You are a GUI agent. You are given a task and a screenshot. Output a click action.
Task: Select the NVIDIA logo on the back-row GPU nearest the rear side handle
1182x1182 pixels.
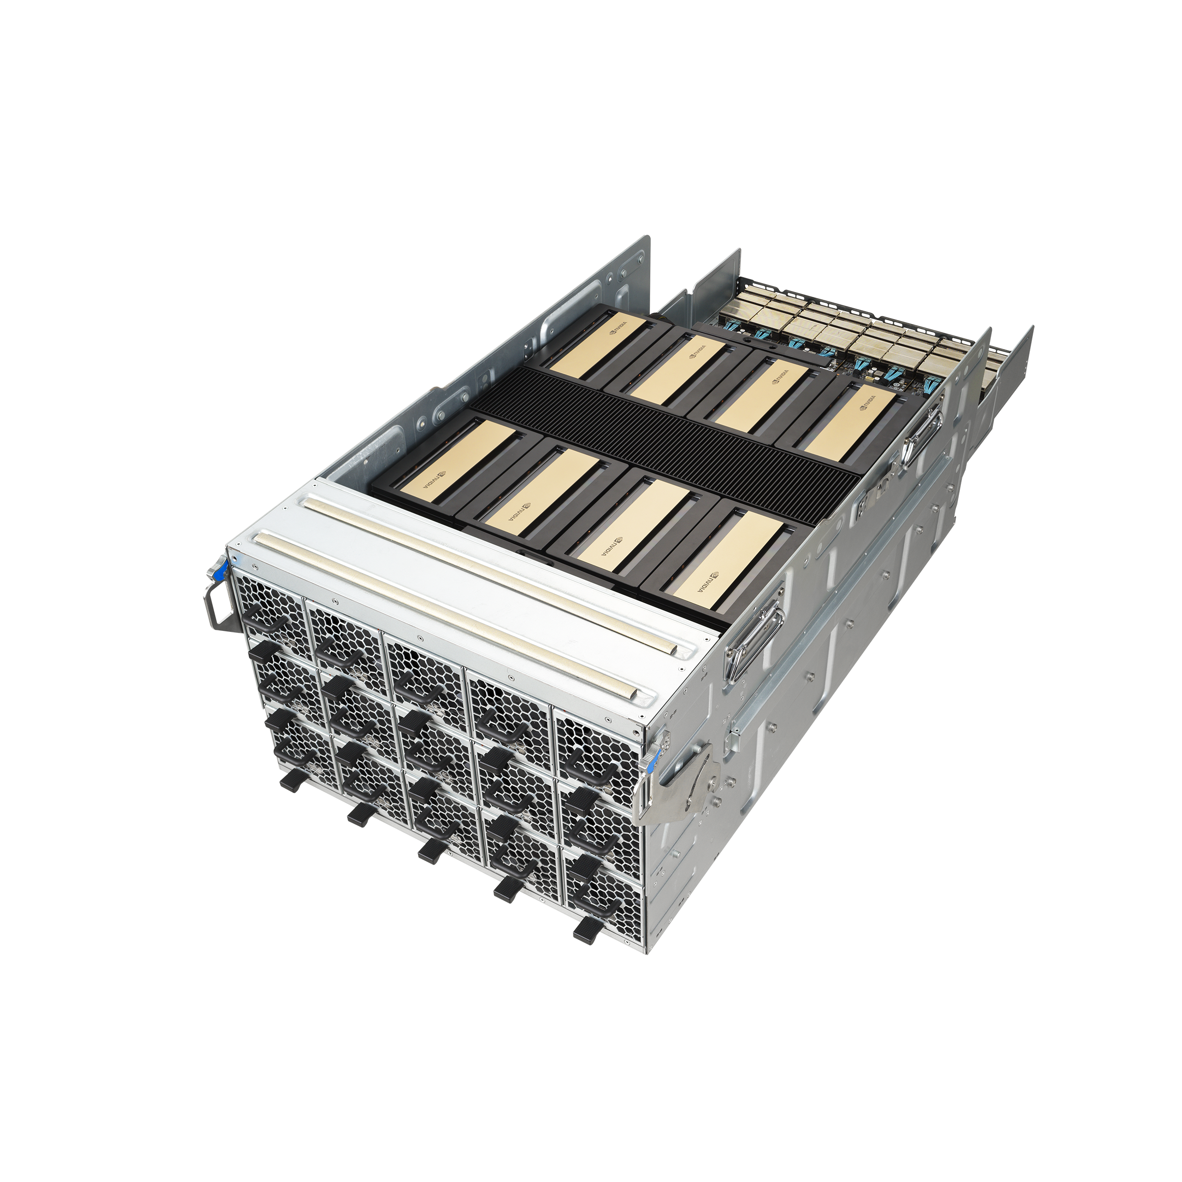click(869, 401)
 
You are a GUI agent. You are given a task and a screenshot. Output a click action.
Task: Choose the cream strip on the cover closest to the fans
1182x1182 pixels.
click(447, 612)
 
